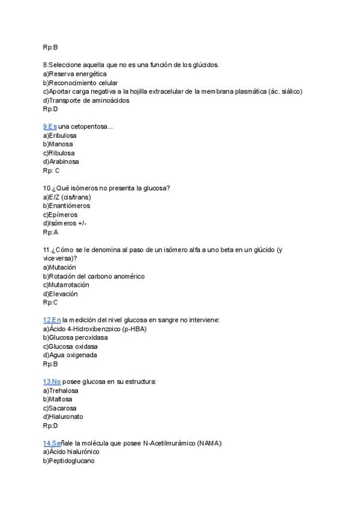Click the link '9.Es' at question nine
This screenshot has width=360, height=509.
pyautogui.click(x=50, y=127)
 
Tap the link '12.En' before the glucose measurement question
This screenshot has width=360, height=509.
pyautogui.click(x=52, y=320)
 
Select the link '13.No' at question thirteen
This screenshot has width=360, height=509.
pyautogui.click(x=52, y=381)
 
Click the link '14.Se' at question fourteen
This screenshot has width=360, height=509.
pyautogui.click(x=52, y=442)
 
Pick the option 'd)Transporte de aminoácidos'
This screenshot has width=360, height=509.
pyautogui.click(x=86, y=100)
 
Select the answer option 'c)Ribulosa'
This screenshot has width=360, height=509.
pyautogui.click(x=59, y=153)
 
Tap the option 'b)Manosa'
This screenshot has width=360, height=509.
pyautogui.click(x=58, y=144)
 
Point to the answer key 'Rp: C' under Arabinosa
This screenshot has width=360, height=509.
pyautogui.click(x=51, y=170)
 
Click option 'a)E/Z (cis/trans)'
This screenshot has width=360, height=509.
pyautogui.click(x=67, y=197)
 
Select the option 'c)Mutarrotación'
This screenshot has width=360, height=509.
pyautogui.click(x=65, y=285)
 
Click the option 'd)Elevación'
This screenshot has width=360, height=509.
pyautogui.click(x=60, y=294)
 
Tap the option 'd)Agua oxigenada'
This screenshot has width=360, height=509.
pyautogui.click(x=70, y=355)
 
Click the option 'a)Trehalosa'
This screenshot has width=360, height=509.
pyautogui.click(x=61, y=390)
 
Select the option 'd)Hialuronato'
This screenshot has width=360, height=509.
pyautogui.click(x=63, y=417)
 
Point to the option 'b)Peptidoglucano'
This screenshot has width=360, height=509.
pyautogui.click(x=68, y=460)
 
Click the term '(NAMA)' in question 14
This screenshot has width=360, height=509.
pyautogui.click(x=209, y=442)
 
